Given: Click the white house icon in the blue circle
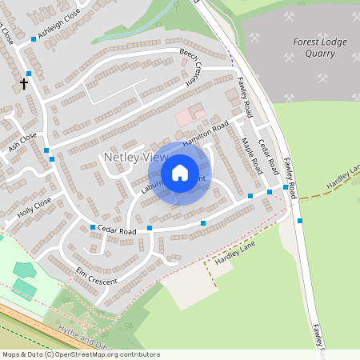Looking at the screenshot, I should [180, 173].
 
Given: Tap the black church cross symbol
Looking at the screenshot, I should [24, 82].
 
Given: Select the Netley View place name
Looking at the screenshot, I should [134, 158].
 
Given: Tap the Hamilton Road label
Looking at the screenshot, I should [206, 132].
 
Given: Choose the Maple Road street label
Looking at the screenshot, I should [252, 156].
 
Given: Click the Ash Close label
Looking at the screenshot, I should [22, 142].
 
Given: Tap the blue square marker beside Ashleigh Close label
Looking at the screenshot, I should [33, 38].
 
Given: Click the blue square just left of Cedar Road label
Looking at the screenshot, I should [93, 228].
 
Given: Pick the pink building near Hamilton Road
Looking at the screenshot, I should [185, 117].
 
